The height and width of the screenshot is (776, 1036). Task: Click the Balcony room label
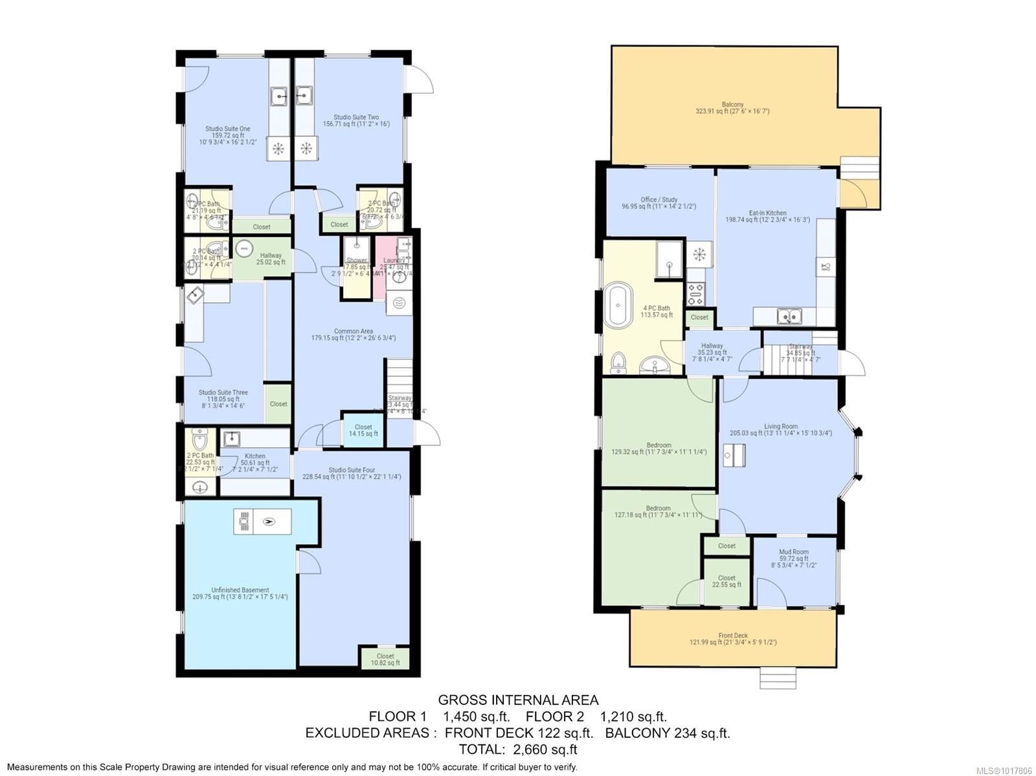732,107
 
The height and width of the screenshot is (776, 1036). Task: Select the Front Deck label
733,639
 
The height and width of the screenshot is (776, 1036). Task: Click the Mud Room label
793,558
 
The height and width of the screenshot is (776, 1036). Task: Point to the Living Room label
780,430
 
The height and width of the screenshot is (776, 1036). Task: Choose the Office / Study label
659,203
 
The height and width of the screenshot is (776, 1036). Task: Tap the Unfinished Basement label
240,593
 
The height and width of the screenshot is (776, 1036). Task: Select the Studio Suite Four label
352,473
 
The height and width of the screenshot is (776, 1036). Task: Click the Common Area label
353,335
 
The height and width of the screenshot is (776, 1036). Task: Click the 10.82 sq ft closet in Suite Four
385,659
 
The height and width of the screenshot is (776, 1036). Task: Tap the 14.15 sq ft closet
363,430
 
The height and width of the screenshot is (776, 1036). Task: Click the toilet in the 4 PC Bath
619,363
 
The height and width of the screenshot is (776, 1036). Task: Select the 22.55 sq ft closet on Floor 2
726,581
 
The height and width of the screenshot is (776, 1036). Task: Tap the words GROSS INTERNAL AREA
518,700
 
